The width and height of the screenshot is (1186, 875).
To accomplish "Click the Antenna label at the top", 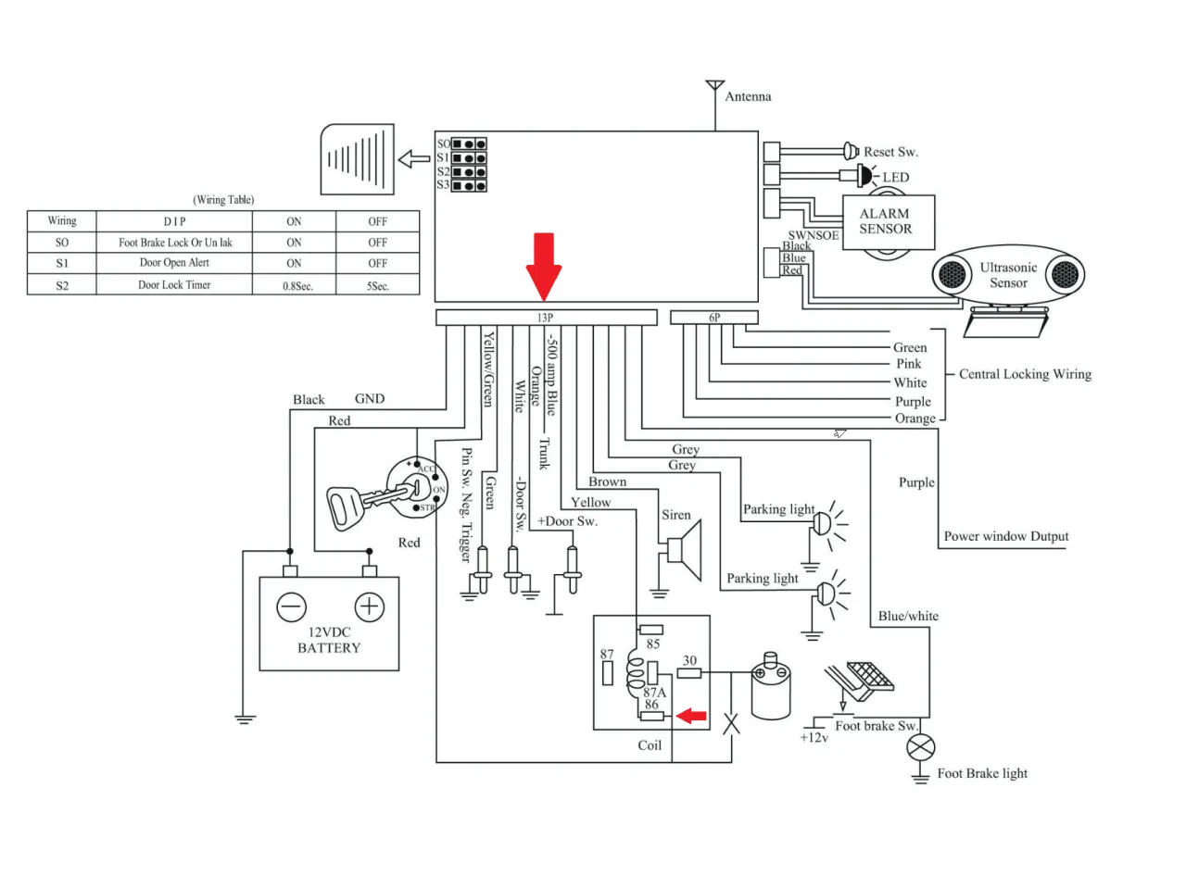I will point(748,96).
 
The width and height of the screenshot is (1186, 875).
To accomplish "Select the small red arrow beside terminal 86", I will point(690,716).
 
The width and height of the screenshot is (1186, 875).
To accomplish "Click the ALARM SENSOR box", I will point(885,221).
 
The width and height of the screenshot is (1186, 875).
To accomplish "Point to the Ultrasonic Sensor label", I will point(1008,275).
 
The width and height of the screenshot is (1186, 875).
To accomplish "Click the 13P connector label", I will point(545,318).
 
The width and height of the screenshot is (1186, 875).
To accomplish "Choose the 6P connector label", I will point(714,318).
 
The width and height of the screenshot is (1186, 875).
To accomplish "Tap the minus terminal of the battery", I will point(291,607).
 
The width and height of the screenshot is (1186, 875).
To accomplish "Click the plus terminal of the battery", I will point(369,607).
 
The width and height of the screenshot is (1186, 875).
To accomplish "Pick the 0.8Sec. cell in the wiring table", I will point(297,286).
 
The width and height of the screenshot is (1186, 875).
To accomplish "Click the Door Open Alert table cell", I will point(174,263).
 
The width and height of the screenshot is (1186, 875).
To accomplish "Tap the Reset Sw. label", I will point(890,152).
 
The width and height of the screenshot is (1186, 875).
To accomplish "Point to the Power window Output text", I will point(1005,536).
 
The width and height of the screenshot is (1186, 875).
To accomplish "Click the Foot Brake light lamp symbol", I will point(921,748).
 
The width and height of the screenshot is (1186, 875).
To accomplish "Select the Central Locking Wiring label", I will point(1025,374).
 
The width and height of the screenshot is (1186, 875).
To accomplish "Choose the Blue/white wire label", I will point(908,616).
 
